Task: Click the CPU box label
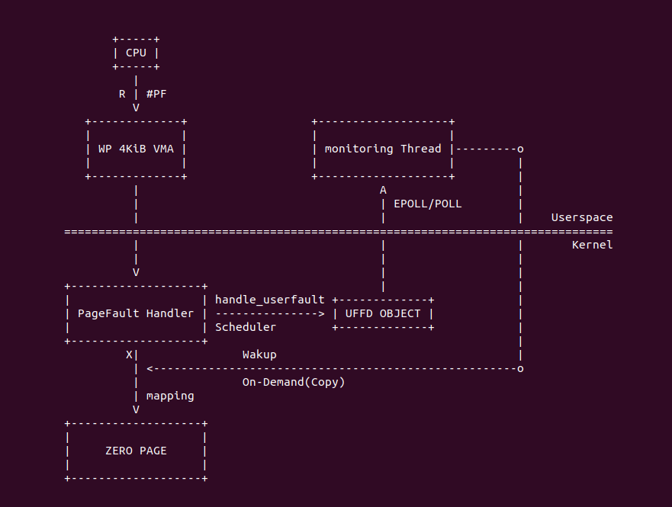[x=136, y=53]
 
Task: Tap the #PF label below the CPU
[x=156, y=94]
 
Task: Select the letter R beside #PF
[x=122, y=94]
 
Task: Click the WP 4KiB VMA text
[x=136, y=149]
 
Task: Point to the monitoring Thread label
[x=383, y=149]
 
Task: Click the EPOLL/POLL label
[x=427, y=204]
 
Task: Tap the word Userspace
[x=582, y=217]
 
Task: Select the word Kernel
[x=593, y=245]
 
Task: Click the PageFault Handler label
[x=136, y=313]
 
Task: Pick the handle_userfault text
[x=270, y=300]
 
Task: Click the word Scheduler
[x=246, y=327]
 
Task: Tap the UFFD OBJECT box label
[x=383, y=313]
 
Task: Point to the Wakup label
[x=259, y=355]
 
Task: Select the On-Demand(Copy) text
[x=294, y=382]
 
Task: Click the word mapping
[x=170, y=396]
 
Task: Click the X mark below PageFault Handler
[x=129, y=355]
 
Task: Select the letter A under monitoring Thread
[x=383, y=190]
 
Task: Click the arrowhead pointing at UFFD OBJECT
[x=321, y=313]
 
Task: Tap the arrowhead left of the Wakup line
[x=150, y=368]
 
